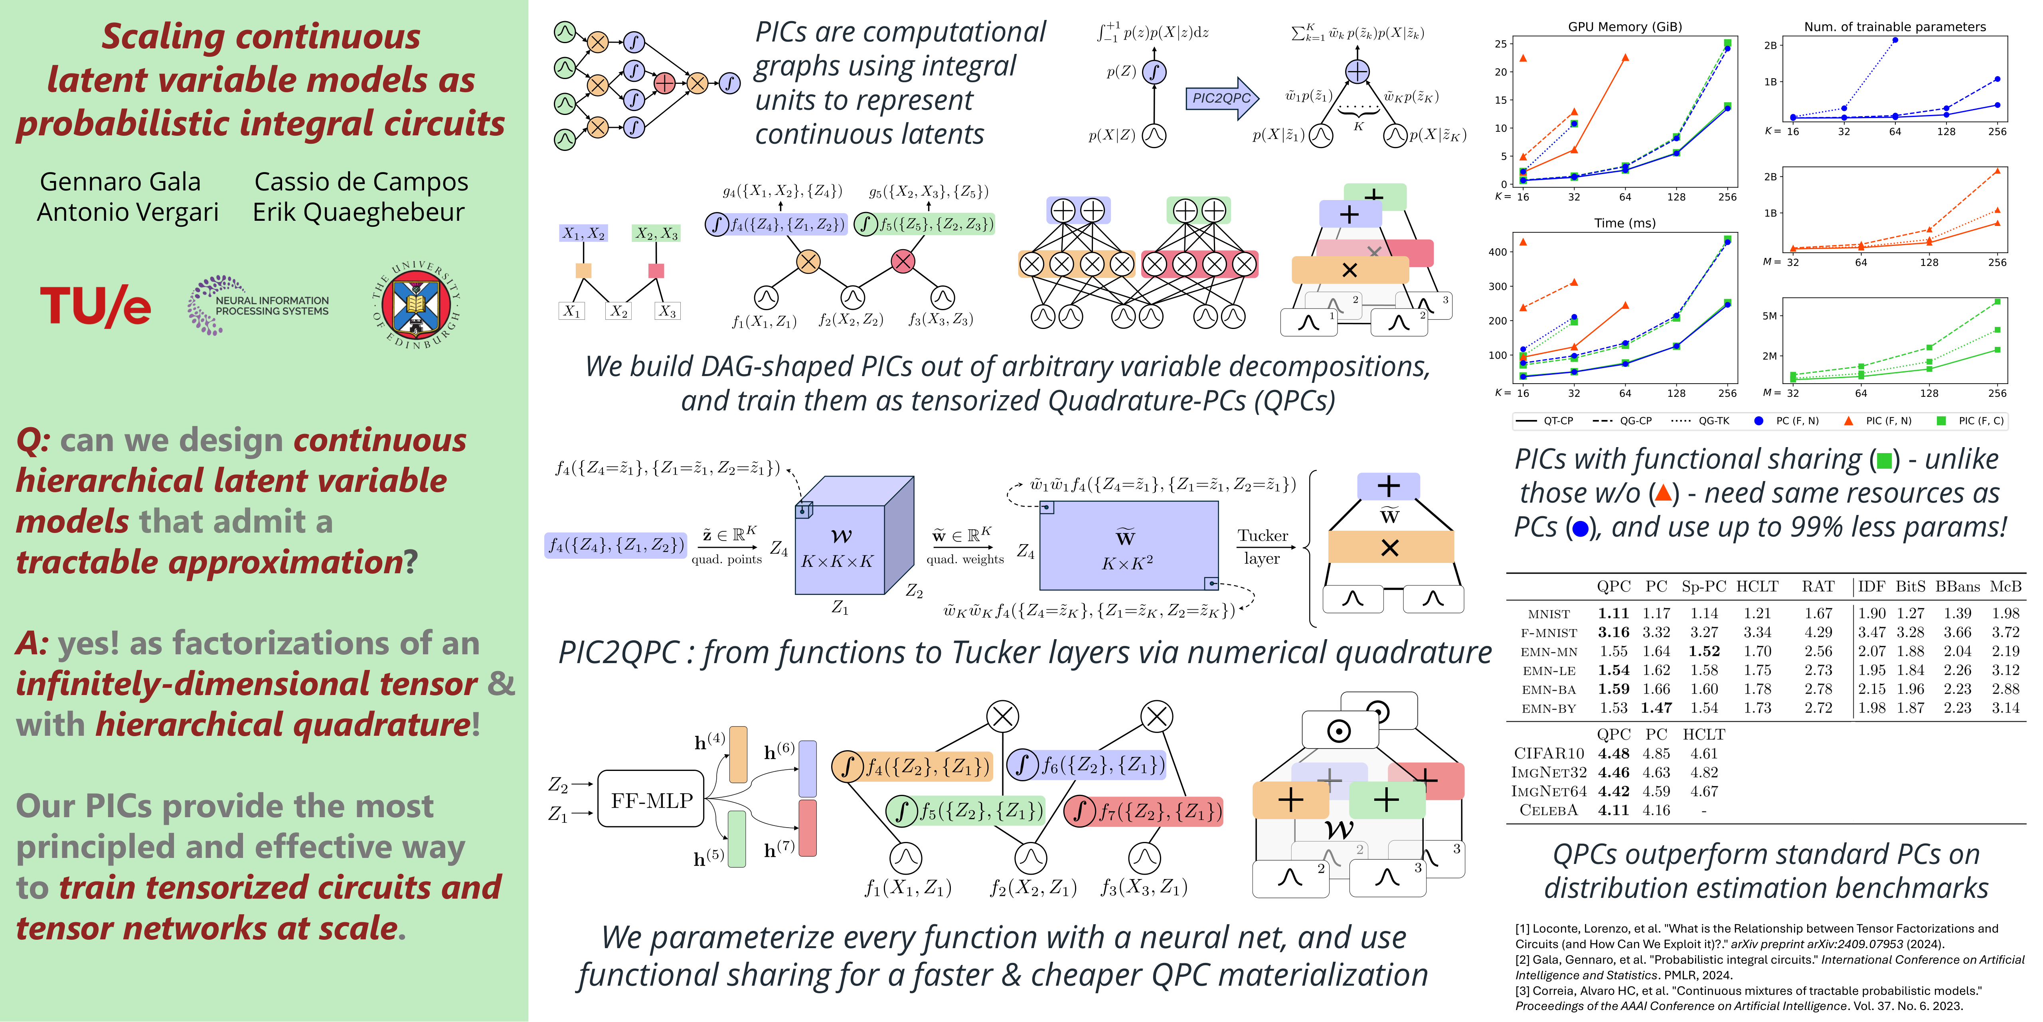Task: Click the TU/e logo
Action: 95,306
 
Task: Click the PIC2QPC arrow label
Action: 1221,97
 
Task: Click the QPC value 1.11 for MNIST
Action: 1613,613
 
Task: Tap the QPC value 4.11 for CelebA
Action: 1613,810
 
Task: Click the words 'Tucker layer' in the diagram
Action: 1263,547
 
